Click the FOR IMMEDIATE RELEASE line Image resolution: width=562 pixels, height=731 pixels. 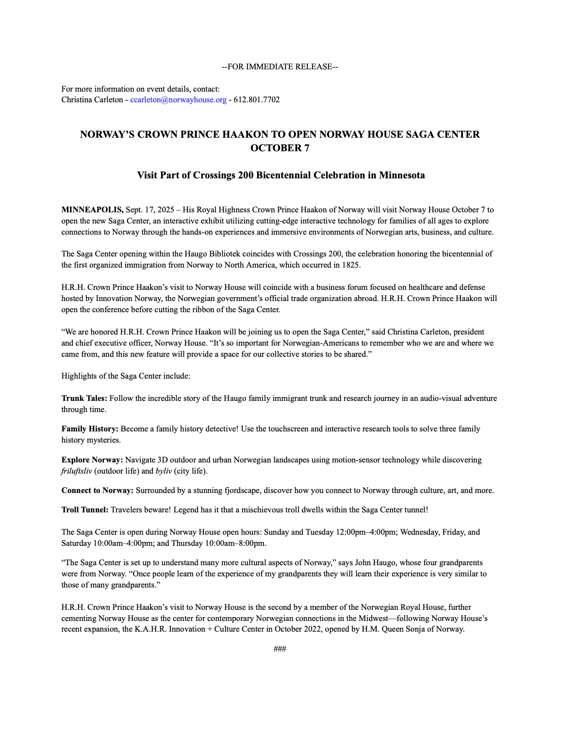[x=280, y=66]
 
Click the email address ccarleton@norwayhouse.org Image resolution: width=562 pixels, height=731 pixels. [x=178, y=100]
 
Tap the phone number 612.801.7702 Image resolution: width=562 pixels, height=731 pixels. [x=257, y=100]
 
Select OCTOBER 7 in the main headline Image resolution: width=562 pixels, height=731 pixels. [x=280, y=148]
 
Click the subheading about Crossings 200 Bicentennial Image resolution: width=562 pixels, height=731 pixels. [x=281, y=175]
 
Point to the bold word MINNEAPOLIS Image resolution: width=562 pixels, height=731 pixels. [x=92, y=210]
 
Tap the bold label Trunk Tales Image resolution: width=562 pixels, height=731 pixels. [x=83, y=398]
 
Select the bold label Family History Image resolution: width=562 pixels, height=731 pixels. [x=90, y=429]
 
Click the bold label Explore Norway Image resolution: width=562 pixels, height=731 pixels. [x=92, y=460]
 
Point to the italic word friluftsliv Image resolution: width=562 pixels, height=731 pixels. [x=76, y=471]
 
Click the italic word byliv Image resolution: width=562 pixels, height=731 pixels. [x=164, y=471]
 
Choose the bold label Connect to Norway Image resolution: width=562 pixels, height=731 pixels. [x=97, y=491]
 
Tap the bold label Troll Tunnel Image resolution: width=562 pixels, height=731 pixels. [x=85, y=510]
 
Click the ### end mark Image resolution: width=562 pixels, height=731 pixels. [x=280, y=649]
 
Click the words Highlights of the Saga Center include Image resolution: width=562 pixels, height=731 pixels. [x=126, y=376]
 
